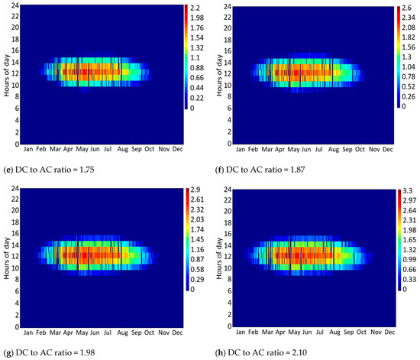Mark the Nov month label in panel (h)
pyautogui.click(x=371, y=331)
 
